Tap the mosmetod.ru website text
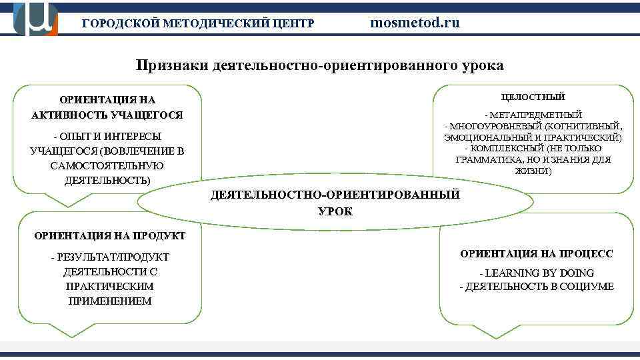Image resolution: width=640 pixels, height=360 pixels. (x=415, y=23)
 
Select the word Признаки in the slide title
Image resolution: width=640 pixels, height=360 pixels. (x=172, y=65)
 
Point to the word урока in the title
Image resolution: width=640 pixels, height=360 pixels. (x=482, y=65)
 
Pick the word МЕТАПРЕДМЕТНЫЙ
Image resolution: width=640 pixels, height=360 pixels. (x=536, y=115)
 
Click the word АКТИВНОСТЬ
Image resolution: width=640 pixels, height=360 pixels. (x=69, y=115)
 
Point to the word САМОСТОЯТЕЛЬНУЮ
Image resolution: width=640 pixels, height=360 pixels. (x=107, y=165)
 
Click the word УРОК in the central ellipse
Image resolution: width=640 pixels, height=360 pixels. (x=335, y=211)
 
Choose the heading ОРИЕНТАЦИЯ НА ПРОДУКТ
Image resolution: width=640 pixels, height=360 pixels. (x=109, y=235)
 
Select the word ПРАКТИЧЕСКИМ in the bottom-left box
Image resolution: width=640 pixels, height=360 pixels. (x=110, y=286)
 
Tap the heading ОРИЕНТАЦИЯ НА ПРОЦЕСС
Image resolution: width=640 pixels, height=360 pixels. (x=536, y=253)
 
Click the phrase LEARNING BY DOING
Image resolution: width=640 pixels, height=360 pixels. (x=540, y=273)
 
